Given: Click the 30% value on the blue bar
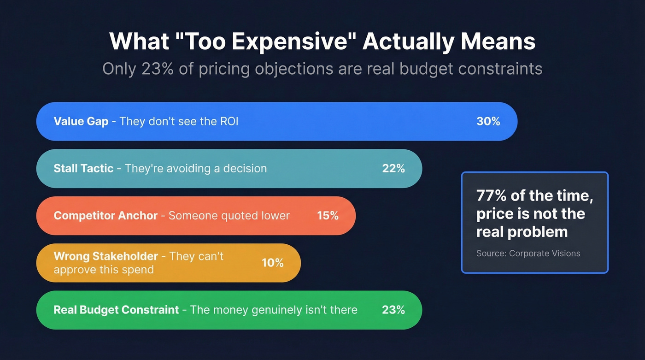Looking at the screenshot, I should coord(488,121).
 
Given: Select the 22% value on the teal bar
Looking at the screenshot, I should coord(393,168).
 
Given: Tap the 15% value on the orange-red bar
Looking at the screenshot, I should coord(328,215).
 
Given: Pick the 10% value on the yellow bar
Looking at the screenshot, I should coord(273,263).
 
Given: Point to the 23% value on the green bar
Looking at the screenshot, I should coord(393,310).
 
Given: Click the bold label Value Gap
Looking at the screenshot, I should coord(81,121).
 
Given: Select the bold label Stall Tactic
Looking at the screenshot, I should coord(83,168).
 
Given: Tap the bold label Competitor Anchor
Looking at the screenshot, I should coord(106,215).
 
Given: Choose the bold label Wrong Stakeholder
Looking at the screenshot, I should coord(106,256).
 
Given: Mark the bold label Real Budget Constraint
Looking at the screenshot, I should coord(116,310).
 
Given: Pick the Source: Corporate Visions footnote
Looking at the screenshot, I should coord(528,253).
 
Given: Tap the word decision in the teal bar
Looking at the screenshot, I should coord(245,168).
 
